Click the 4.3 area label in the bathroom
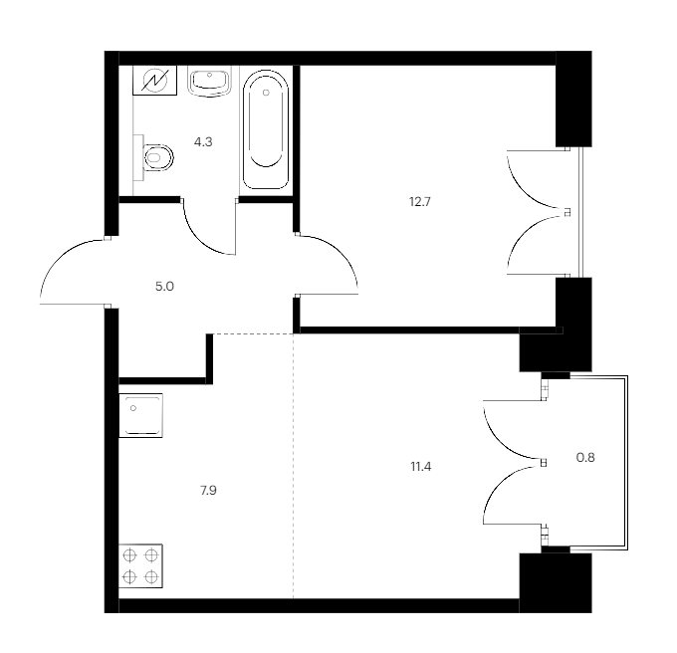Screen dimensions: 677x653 [203, 142]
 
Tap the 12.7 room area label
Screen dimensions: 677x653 [420, 201]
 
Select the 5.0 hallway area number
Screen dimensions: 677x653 [164, 286]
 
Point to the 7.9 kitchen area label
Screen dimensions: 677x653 [208, 491]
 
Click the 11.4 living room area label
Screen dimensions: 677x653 [420, 467]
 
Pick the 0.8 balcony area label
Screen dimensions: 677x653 [585, 457]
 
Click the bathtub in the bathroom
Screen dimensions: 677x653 [266, 130]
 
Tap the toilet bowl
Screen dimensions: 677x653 [158, 157]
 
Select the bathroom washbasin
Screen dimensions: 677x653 [209, 81]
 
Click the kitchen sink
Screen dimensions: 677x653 [140, 415]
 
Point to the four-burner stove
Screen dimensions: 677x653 [140, 565]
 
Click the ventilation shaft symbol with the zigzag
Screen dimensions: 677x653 [154, 81]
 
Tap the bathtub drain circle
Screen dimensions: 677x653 [266, 93]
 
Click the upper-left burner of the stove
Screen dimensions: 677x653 [129, 555]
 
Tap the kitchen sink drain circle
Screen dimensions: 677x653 [133, 408]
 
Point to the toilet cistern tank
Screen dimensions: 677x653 [138, 157]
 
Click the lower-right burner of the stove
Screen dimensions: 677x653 [151, 576]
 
